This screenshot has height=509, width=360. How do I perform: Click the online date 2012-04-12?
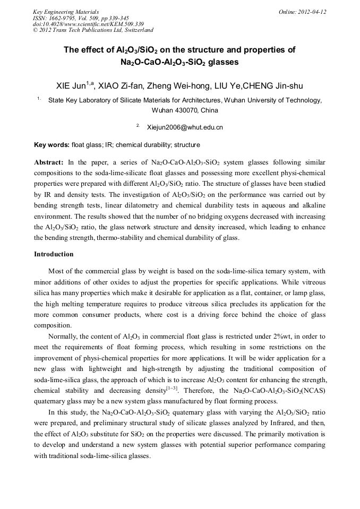tap(312, 12)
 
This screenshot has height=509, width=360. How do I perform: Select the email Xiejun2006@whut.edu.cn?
tap(185, 127)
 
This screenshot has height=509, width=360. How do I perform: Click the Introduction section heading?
tap(54, 254)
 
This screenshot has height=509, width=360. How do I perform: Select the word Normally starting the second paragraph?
tap(65, 337)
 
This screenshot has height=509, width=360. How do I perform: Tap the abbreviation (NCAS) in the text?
tap(312, 390)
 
